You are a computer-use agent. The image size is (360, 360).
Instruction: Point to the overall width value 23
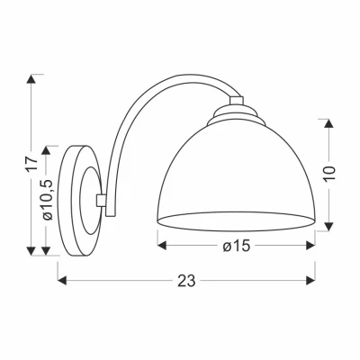pos(186,280)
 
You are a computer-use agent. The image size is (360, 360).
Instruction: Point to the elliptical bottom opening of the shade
pos(237,219)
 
